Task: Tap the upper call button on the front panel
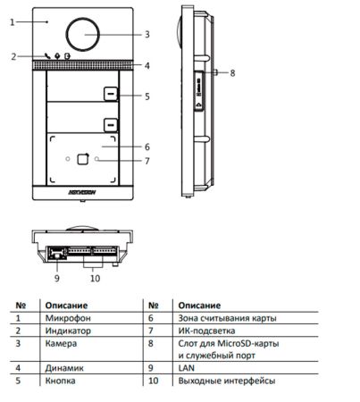pos(111,94)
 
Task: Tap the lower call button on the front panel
pos(111,125)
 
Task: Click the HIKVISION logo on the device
pos(82,192)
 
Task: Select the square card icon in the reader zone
pos(83,159)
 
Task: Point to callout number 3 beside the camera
pos(147,35)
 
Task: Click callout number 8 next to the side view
pos(232,73)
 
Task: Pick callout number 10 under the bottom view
pos(95,279)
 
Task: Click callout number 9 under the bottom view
pos(57,279)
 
